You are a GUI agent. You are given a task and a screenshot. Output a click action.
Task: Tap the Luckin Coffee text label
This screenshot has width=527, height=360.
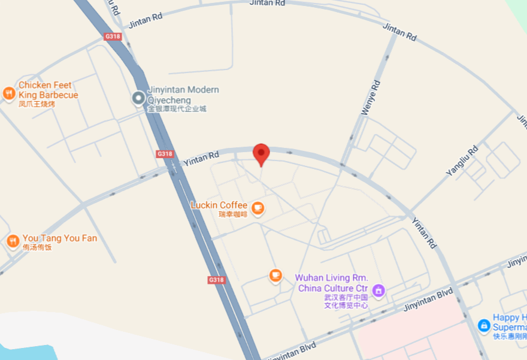coord(219,205)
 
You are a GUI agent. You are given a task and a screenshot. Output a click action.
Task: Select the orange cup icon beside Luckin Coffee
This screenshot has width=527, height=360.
coord(258,208)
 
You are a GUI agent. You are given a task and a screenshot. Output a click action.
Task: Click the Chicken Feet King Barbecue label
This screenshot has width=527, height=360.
coord(48,90)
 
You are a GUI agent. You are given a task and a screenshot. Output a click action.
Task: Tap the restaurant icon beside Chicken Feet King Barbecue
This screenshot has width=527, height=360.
coord(8,93)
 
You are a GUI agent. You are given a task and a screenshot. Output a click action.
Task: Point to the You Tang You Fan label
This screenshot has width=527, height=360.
coord(59,238)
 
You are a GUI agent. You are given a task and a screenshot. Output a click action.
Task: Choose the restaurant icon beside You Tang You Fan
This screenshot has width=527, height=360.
coord(13,241)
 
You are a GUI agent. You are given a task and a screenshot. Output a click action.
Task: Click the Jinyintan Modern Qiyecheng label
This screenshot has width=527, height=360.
coord(183,95)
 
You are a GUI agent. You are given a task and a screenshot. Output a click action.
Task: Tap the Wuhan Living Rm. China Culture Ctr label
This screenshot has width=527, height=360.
coord(332,283)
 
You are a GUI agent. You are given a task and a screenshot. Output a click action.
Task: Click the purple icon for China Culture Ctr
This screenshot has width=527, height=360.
coord(378,291)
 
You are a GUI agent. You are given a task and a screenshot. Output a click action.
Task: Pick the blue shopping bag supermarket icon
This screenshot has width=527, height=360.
coord(484,325)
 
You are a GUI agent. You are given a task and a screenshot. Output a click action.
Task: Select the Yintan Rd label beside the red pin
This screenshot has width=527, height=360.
coord(201,158)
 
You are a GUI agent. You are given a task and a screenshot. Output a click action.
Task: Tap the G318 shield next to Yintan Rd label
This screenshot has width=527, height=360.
coord(165,154)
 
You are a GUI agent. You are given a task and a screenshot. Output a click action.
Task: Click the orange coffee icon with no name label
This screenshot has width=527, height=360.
coord(275,275)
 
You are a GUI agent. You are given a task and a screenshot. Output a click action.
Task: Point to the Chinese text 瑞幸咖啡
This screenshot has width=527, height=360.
coord(233,214)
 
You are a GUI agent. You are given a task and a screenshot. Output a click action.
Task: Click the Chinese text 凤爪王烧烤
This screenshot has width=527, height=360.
coord(37,104)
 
